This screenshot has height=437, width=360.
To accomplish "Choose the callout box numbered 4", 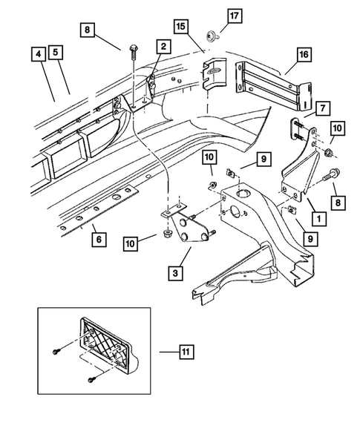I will pos(56,53).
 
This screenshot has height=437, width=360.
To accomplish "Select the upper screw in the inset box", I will pos(57,352).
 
